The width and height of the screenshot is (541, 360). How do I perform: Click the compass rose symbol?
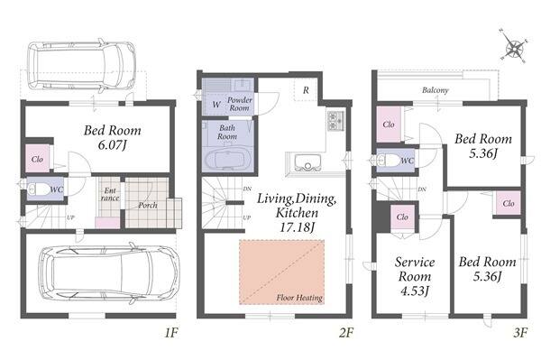click(x=513, y=47)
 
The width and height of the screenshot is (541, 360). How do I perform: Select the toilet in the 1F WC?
click(x=39, y=189)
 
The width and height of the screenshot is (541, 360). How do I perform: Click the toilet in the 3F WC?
click(x=388, y=161)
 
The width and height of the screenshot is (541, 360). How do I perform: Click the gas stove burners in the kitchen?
click(x=335, y=121)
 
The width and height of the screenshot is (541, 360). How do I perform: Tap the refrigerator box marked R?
click(x=306, y=89)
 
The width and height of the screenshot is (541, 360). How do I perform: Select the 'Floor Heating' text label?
click(x=299, y=298)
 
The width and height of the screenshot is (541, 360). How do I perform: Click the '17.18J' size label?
click(x=297, y=227)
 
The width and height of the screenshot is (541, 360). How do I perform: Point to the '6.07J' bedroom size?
click(x=112, y=145)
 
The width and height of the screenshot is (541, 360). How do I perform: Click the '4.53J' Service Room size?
click(x=415, y=291)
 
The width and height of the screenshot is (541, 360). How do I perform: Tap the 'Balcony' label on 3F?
click(x=436, y=90)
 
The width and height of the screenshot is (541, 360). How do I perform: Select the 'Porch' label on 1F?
click(x=148, y=206)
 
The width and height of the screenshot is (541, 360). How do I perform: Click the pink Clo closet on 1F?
click(x=37, y=159)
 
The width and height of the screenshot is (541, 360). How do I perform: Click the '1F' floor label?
click(x=170, y=333)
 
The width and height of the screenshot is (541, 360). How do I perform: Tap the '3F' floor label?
click(x=520, y=333)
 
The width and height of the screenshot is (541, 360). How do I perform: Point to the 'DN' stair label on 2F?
click(x=247, y=189)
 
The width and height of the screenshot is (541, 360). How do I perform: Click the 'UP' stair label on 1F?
click(x=70, y=217)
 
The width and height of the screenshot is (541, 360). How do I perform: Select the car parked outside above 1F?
click(x=81, y=66)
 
